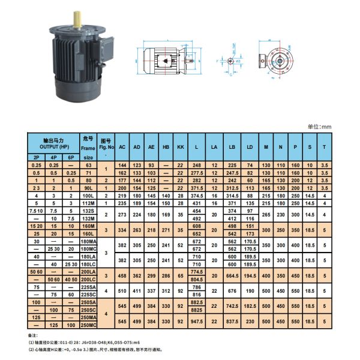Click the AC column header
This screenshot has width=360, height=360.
[x=122, y=146]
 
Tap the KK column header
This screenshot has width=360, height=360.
[x=180, y=146]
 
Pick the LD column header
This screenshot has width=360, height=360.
[x=250, y=146]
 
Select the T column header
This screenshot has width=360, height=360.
[x=324, y=146]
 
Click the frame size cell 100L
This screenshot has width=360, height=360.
[x=89, y=196]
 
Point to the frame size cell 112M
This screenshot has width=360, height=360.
[x=89, y=203]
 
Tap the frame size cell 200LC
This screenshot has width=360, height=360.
[x=89, y=280]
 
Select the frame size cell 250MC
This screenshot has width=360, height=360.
[x=89, y=325]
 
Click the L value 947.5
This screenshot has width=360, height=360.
[x=196, y=322]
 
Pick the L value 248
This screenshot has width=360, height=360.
[x=196, y=164]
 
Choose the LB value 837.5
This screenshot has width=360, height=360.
[x=232, y=322]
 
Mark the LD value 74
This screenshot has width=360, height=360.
[x=250, y=164]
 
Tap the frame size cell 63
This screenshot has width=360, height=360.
[x=89, y=164]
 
